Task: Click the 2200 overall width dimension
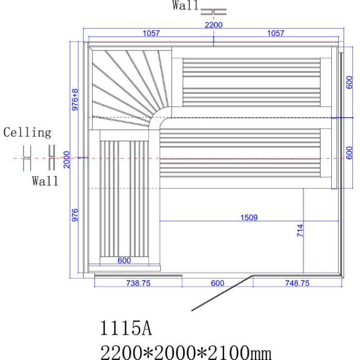pyautogui.click(x=213, y=25)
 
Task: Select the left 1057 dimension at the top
pyautogui.click(x=151, y=33)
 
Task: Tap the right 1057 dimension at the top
pyautogui.click(x=276, y=33)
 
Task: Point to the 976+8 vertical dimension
pyautogui.click(x=75, y=99)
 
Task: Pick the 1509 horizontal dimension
pyautogui.click(x=249, y=218)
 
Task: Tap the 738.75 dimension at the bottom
pyautogui.click(x=137, y=283)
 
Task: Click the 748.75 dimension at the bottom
pyautogui.click(x=297, y=283)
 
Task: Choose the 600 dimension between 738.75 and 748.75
pyautogui.click(x=217, y=283)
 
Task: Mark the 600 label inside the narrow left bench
pyautogui.click(x=124, y=260)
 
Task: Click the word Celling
pyautogui.click(x=27, y=133)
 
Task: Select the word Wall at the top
pyautogui.click(x=185, y=6)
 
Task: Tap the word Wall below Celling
pyautogui.click(x=45, y=181)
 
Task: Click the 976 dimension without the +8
pyautogui.click(x=75, y=215)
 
